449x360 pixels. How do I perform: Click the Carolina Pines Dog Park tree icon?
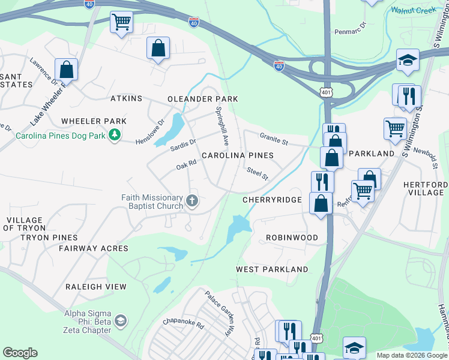click(113, 135)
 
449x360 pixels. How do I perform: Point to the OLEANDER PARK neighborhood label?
click(202, 99)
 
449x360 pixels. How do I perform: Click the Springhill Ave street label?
click(222, 127)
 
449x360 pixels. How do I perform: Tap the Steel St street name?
click(257, 174)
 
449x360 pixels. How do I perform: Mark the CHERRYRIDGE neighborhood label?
click(272, 199)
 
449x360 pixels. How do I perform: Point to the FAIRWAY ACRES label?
click(93, 248)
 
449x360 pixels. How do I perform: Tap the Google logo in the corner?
click(20, 353)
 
